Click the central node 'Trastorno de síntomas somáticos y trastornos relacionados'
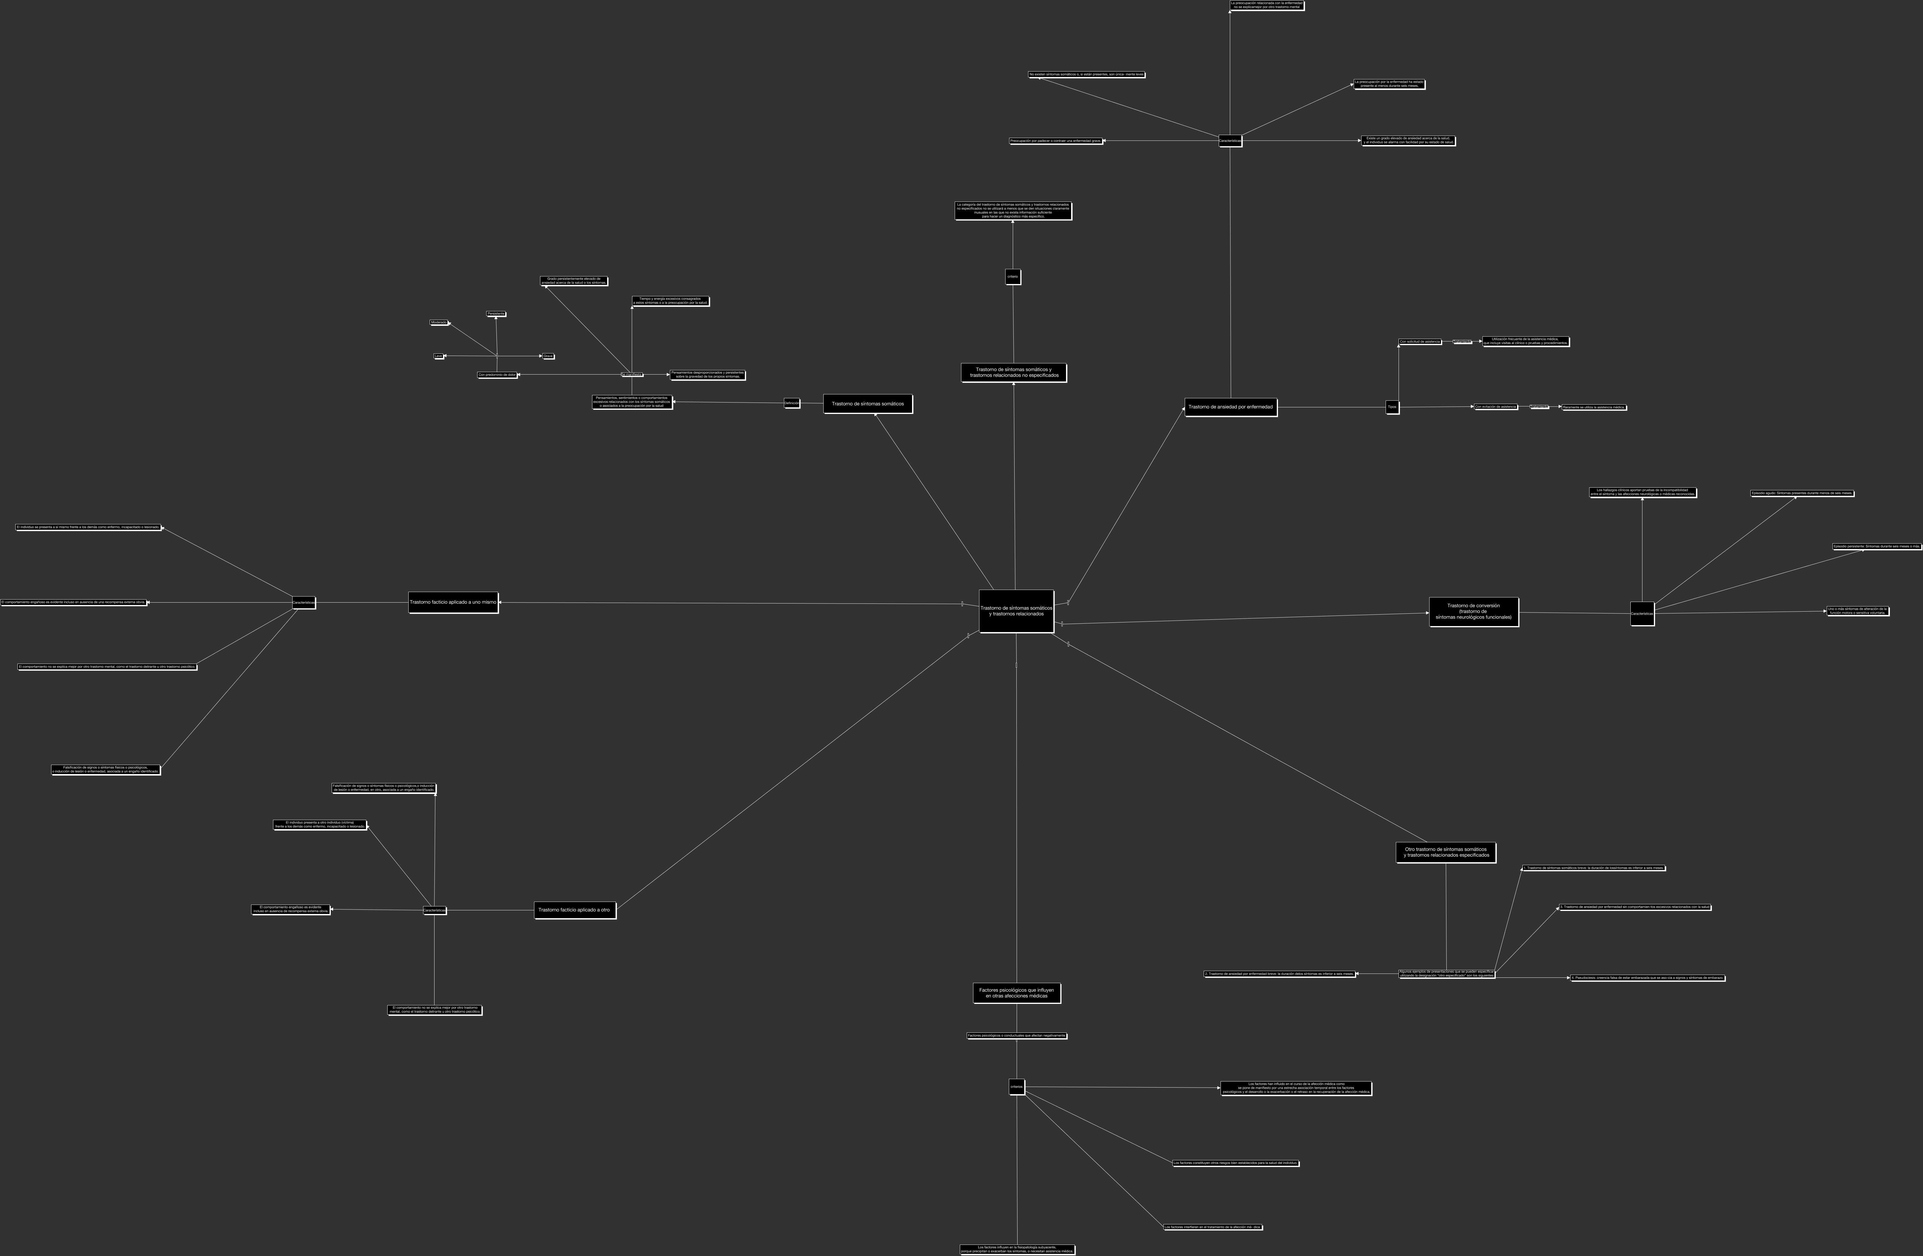click(1016, 611)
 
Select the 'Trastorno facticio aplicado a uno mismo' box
click(453, 602)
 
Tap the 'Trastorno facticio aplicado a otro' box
click(574, 910)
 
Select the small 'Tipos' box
click(1392, 407)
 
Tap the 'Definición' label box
click(792, 403)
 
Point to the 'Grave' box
click(548, 356)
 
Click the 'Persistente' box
click(496, 313)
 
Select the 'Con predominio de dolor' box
click(497, 375)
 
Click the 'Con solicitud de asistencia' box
click(1420, 342)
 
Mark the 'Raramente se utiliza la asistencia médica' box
click(1593, 407)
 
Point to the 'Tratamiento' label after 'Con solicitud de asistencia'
click(1462, 342)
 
